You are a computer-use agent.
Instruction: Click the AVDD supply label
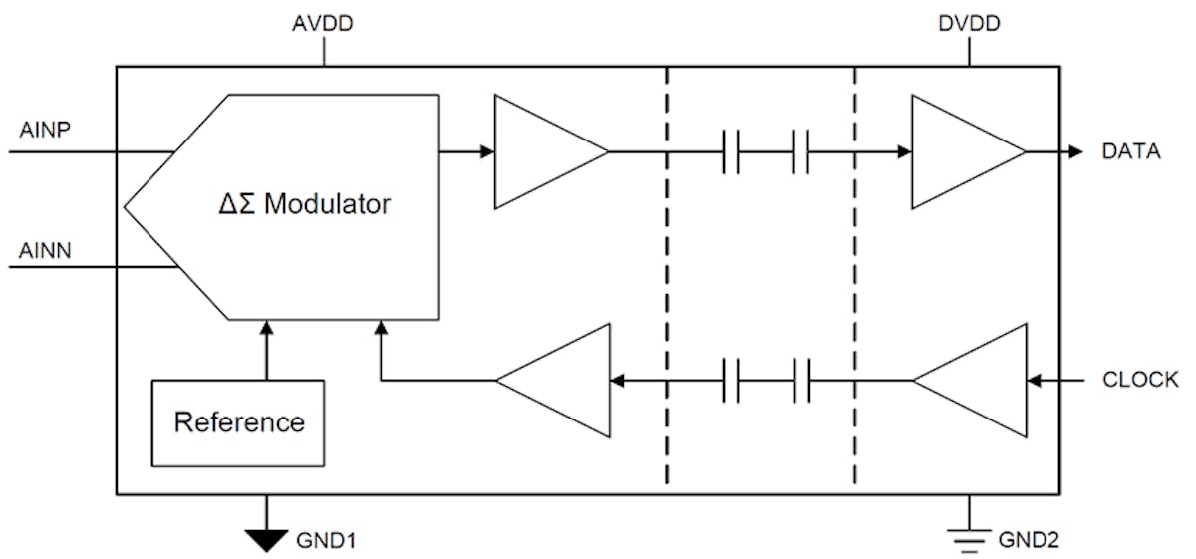[x=323, y=24]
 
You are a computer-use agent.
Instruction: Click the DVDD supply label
[x=968, y=24]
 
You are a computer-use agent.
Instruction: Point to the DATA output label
[x=1131, y=152]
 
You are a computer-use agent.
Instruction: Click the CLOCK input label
[x=1140, y=380]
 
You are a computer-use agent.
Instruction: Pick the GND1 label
[x=326, y=541]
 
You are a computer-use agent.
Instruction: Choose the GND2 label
[x=1030, y=541]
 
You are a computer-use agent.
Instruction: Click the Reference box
[x=239, y=422]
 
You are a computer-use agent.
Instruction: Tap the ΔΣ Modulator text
[x=304, y=206]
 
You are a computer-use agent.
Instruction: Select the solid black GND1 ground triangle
[x=266, y=539]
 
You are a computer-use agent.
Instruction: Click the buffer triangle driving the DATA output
[x=960, y=152]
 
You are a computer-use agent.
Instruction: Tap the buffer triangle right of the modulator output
[x=544, y=152]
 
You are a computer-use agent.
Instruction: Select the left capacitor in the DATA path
[x=731, y=152]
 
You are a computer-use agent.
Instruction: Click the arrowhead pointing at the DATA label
[x=1074, y=152]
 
